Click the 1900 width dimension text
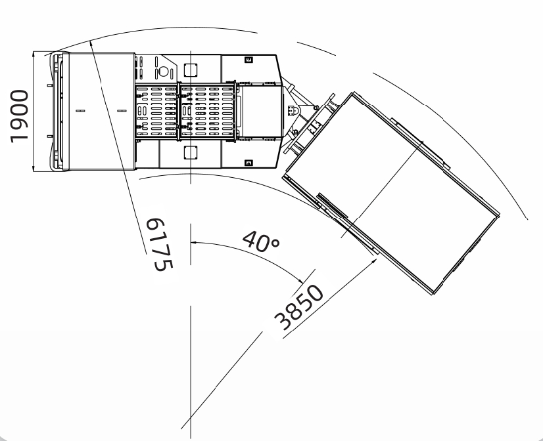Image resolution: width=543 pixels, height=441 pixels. (19, 115)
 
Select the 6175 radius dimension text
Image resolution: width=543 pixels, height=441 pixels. (159, 245)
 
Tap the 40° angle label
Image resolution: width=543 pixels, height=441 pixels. (261, 241)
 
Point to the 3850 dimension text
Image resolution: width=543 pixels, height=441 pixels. (298, 307)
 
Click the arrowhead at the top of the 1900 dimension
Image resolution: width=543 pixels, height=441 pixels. (34, 54)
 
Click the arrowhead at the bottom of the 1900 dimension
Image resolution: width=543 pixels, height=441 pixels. (34, 168)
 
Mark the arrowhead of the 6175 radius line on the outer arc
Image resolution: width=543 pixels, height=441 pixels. (91, 44)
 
